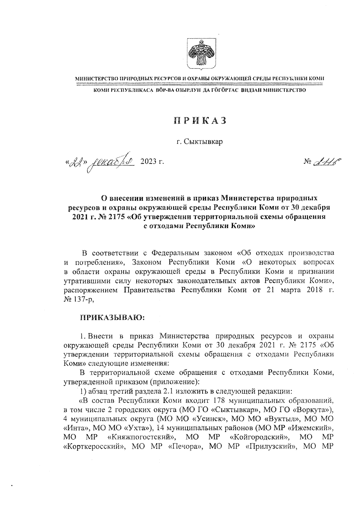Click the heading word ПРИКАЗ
tap(199, 121)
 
